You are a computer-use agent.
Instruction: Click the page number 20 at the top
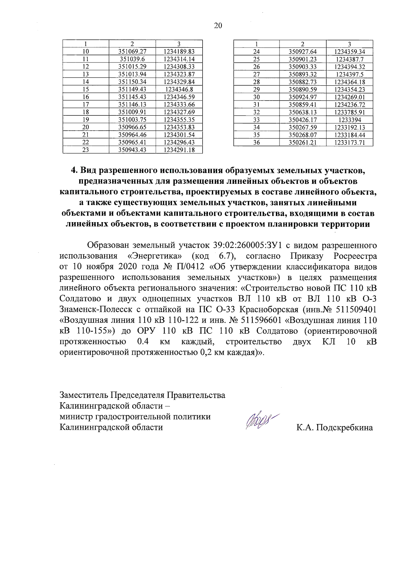218,26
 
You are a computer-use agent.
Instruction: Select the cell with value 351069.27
132,51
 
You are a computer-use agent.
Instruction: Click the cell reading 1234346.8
179,89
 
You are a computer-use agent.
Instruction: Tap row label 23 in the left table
85,150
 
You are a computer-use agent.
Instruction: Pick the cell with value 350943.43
132,150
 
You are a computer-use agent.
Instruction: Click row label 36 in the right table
256,143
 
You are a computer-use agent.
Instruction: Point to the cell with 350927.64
303,52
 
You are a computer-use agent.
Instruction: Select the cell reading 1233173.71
349,143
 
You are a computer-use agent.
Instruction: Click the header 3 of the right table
349,44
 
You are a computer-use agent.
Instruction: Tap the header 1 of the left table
85,44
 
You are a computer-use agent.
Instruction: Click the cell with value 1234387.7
349,59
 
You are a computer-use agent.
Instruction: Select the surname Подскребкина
344,428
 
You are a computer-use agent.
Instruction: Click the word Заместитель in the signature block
84,395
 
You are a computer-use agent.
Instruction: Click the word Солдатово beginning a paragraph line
80,299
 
